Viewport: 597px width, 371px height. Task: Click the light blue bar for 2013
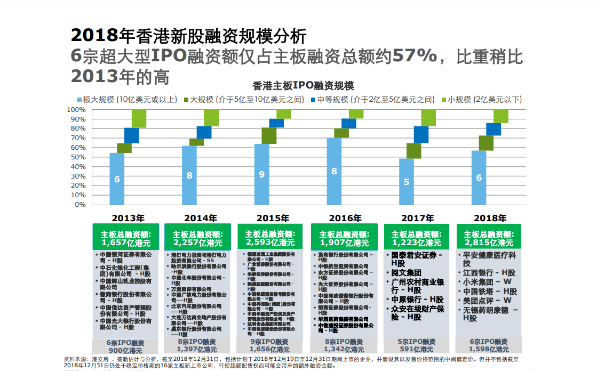[117, 179]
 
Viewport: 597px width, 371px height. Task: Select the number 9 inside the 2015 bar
[261, 174]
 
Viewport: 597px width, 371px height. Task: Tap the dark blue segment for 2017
[421, 134]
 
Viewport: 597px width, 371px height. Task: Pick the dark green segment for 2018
[485, 143]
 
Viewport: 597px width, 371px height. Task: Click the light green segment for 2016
[356, 114]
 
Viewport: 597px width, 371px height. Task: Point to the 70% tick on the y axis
[77, 138]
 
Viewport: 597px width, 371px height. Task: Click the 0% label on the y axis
[79, 205]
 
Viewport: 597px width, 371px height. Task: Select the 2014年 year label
[201, 218]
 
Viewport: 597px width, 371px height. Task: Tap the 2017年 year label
[417, 218]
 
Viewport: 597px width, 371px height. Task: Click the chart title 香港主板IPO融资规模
[302, 86]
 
